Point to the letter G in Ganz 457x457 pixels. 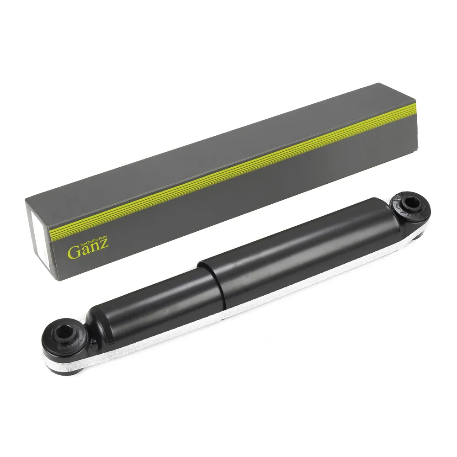[x=73, y=253]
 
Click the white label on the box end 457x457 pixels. [x=40, y=241]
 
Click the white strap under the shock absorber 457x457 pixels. [x=233, y=315]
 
